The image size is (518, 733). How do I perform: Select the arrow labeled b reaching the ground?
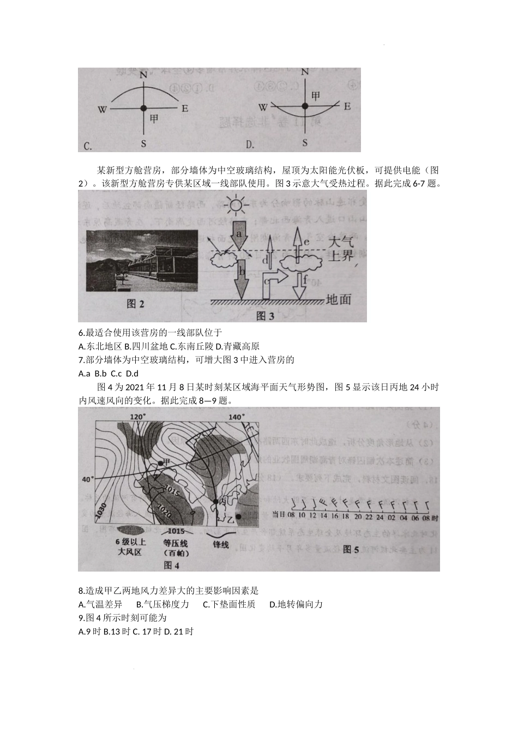click(x=240, y=276)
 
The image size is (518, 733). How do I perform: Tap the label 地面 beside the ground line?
click(x=338, y=299)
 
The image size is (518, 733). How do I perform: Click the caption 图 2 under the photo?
click(x=135, y=304)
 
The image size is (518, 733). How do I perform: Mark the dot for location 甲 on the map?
click(x=160, y=462)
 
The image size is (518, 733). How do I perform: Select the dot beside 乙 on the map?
click(x=238, y=516)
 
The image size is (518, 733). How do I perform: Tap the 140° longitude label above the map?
click(x=236, y=417)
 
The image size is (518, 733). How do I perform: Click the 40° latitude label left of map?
click(x=87, y=479)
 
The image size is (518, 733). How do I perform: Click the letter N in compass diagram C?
click(x=143, y=75)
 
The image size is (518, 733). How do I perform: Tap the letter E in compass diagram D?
click(x=347, y=106)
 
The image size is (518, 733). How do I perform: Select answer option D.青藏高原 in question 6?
click(x=238, y=346)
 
